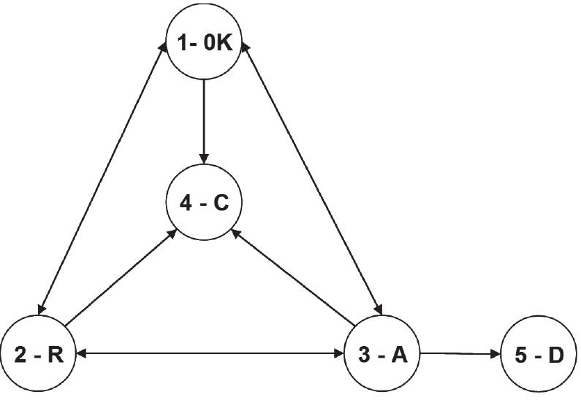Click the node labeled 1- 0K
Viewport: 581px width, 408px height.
click(204, 45)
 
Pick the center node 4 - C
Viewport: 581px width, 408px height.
click(204, 203)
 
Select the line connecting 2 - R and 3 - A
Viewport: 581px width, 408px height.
click(210, 355)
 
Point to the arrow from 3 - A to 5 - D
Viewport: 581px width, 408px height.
click(457, 355)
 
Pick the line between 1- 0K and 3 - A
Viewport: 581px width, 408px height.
click(310, 175)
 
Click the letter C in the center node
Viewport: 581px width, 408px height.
click(221, 204)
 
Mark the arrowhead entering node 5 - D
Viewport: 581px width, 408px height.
click(495, 355)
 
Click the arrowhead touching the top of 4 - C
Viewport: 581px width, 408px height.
click(204, 158)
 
